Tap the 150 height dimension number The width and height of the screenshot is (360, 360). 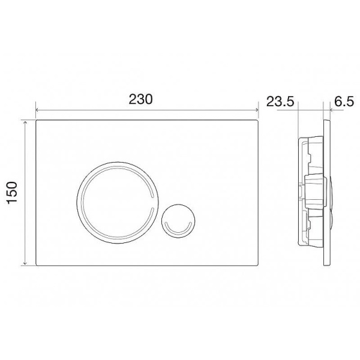tap(16, 193)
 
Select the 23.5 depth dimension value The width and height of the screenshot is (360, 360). tap(280, 101)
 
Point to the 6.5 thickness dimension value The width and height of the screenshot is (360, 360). tap(344, 101)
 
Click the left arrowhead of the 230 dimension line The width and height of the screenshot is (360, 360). tap(38, 110)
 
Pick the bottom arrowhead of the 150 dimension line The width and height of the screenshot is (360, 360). tap(25, 265)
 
